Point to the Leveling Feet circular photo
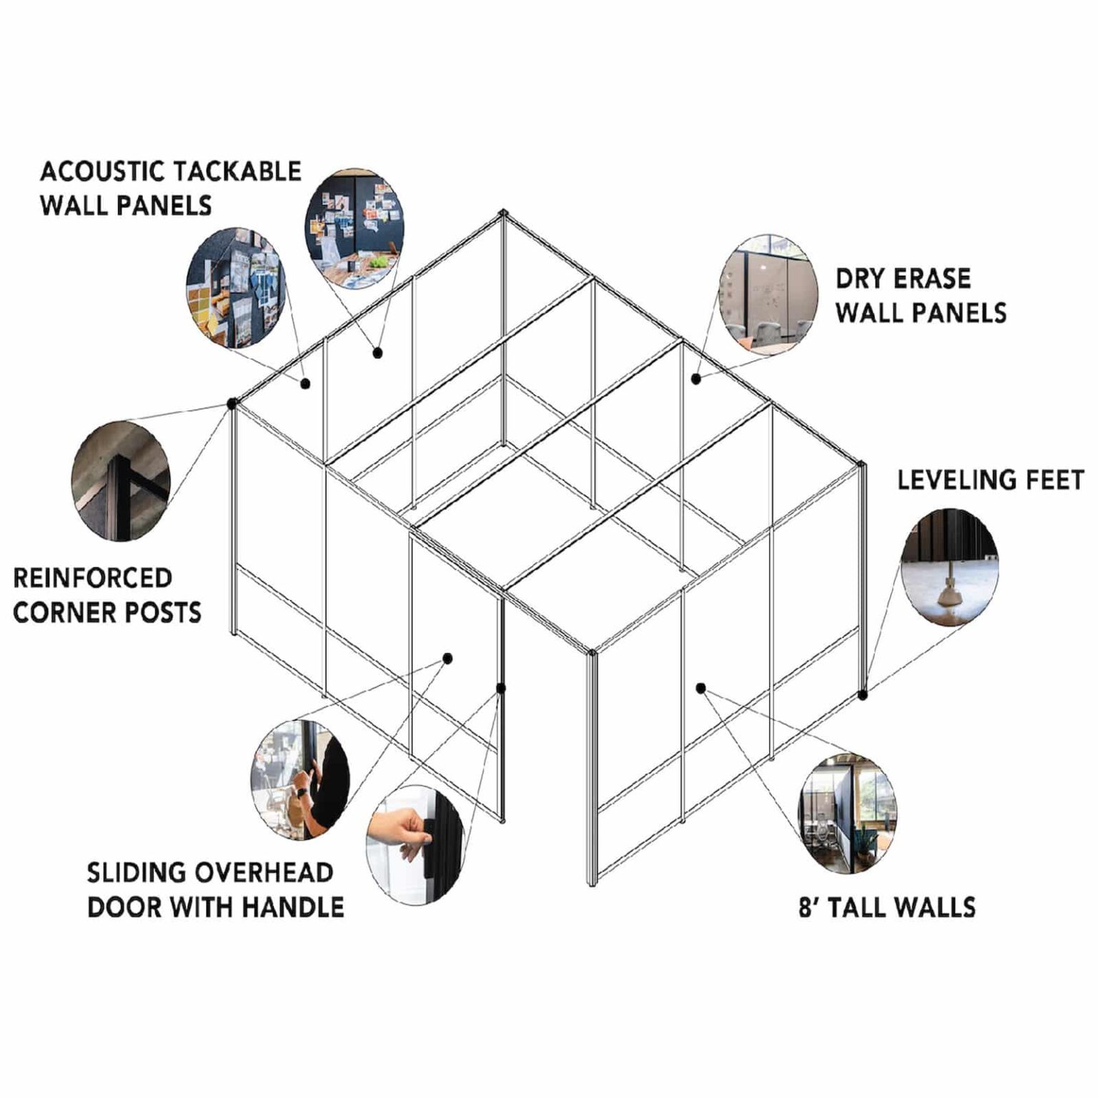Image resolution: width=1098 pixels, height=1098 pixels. (x=949, y=566)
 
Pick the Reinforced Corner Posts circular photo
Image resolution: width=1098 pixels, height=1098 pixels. (x=121, y=480)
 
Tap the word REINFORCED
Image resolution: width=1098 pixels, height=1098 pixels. (x=93, y=578)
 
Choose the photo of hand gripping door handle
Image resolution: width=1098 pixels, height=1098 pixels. (x=415, y=844)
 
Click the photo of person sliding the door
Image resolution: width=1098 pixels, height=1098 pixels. (x=300, y=778)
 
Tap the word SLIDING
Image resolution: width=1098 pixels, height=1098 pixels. (x=135, y=873)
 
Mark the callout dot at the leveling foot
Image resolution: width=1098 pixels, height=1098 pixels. (x=863, y=694)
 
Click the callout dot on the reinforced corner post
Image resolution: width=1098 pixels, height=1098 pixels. (x=232, y=404)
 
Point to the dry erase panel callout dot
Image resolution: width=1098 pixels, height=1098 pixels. (x=696, y=378)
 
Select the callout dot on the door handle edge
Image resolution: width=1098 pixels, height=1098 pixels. (x=501, y=688)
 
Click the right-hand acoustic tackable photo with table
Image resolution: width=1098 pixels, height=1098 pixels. (x=355, y=229)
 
